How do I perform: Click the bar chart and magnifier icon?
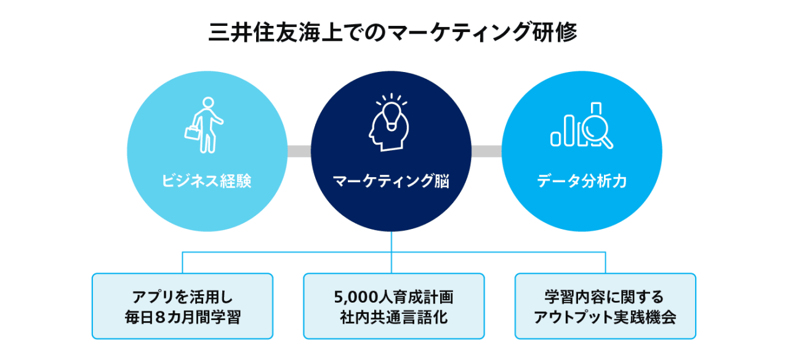581,126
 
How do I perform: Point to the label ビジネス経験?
207,182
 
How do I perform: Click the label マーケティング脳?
391,182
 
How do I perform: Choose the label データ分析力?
581,182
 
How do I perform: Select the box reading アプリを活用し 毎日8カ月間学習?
182,306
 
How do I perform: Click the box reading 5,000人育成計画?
393,306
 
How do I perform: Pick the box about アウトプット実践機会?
605,306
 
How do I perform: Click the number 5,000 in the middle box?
352,297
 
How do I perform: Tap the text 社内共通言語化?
393,318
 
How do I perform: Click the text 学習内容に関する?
605,297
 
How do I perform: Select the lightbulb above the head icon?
390,111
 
